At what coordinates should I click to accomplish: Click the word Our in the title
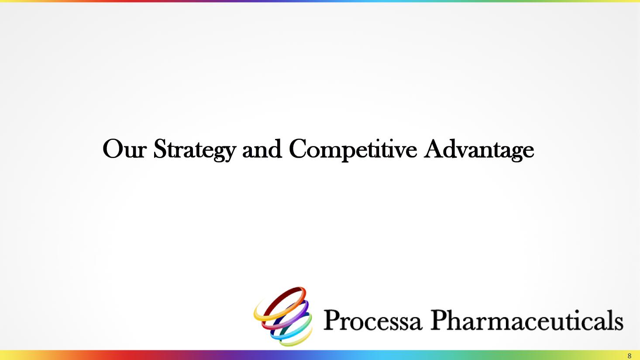(x=124, y=149)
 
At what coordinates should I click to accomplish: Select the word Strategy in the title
(x=195, y=150)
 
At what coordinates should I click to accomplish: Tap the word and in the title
(x=262, y=149)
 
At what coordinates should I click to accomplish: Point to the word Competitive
(x=353, y=150)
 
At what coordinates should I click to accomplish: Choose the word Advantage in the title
(x=479, y=150)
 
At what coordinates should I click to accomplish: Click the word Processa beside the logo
(x=372, y=320)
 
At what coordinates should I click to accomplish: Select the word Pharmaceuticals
(x=527, y=320)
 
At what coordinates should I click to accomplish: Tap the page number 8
(x=629, y=356)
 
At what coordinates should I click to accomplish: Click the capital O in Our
(x=113, y=149)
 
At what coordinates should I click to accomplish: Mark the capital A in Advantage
(x=434, y=149)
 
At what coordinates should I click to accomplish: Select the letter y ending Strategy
(x=230, y=153)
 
